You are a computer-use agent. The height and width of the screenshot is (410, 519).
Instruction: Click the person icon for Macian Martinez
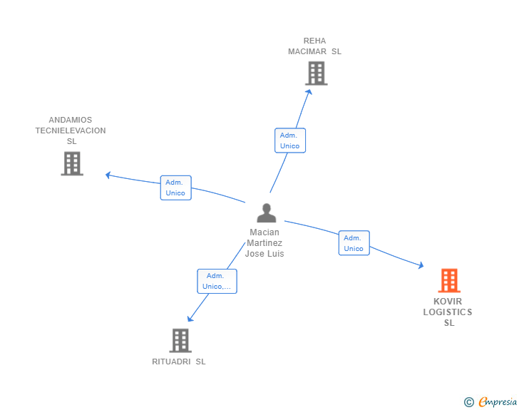pos(266,213)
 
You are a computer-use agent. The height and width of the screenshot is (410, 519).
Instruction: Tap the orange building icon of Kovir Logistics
pos(448,281)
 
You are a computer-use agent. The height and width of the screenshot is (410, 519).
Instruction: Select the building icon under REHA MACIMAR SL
pos(316,73)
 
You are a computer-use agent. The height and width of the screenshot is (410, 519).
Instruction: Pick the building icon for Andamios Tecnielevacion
pos(72,163)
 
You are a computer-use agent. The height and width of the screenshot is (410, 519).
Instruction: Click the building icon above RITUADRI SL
pos(180,340)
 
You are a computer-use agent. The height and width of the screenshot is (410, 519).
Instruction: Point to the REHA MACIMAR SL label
pos(314,46)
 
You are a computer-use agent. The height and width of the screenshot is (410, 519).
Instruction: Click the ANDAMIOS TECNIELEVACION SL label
pos(71,130)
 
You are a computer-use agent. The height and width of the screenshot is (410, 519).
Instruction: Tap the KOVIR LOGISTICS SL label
pos(448,312)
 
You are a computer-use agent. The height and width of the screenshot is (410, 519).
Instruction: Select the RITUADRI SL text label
pos(179,362)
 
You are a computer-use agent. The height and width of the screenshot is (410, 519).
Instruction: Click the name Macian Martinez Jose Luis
pos(264,243)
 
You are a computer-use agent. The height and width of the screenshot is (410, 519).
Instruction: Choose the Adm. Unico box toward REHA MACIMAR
pos(289,140)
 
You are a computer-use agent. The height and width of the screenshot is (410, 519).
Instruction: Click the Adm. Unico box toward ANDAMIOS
pos(175,188)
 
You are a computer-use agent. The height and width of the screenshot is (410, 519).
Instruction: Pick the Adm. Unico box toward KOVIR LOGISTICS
pos(354,243)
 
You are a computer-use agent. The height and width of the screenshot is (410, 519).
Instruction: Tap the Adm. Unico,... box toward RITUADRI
pos(217,281)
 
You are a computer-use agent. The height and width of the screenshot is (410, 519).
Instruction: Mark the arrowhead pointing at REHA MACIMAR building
pos(309,90)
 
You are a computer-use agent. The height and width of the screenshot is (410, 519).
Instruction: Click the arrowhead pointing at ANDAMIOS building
pos(108,174)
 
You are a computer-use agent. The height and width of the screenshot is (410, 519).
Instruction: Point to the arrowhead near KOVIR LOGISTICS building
pos(421,265)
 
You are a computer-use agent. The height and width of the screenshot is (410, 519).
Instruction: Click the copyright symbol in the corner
pos(468,402)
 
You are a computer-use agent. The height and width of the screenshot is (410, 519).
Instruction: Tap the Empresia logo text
pos(498,402)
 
